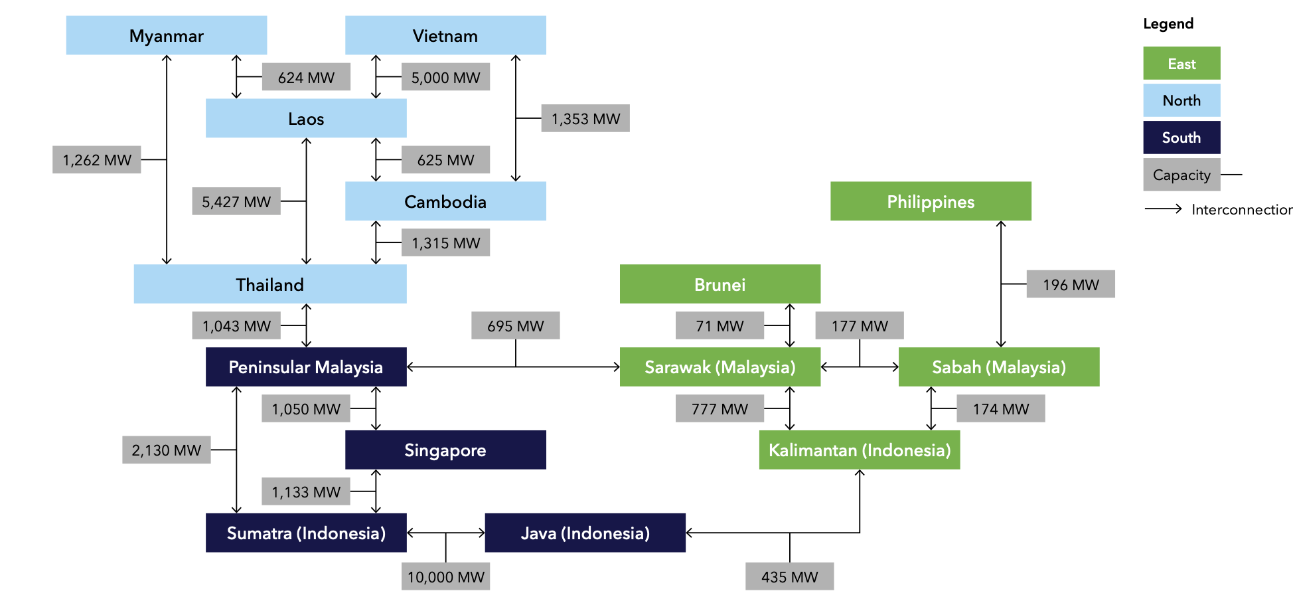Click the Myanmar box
[x=166, y=35]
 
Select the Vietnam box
[x=445, y=35]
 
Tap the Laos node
[x=306, y=118]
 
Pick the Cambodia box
[x=445, y=201]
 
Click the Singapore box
[x=445, y=450]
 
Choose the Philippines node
[x=931, y=201]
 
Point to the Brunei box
[x=720, y=284]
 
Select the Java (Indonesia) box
[x=585, y=533]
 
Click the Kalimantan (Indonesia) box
[x=859, y=450]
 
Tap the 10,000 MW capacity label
[x=445, y=576]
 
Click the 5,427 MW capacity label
[x=236, y=201]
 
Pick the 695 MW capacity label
[x=515, y=325]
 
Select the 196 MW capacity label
[x=1070, y=284]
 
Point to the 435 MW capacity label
[x=789, y=576]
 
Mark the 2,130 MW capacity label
[x=166, y=450]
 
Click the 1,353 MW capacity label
[x=585, y=118]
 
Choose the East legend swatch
[x=1181, y=64]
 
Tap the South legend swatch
[x=1181, y=137]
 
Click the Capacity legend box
[x=1181, y=175]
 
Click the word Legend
[x=1168, y=24]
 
